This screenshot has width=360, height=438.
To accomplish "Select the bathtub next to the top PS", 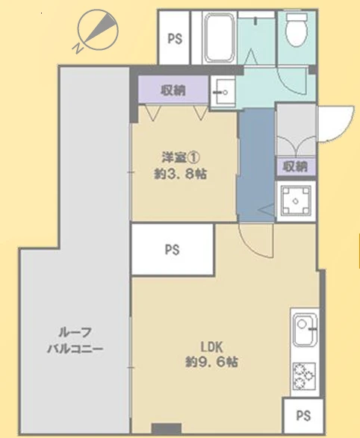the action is click(x=220, y=37).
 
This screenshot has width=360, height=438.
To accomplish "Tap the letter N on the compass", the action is click(x=78, y=49).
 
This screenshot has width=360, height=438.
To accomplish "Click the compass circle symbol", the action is click(x=98, y=30).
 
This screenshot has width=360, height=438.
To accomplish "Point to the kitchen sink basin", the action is click(x=305, y=329).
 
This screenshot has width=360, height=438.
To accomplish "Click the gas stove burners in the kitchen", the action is click(x=304, y=376).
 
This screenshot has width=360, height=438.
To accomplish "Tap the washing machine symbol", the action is click(x=296, y=201).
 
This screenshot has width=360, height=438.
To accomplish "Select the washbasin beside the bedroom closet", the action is click(x=223, y=92).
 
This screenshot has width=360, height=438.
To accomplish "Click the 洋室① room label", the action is click(x=181, y=158).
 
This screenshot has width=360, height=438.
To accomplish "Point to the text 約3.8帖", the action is click(x=181, y=175).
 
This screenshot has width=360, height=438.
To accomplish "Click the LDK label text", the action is click(x=211, y=347).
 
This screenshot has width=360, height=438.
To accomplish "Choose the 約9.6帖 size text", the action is click(x=211, y=362).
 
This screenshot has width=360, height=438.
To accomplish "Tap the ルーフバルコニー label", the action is click(x=75, y=340).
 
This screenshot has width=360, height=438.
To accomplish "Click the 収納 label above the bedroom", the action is click(x=173, y=90).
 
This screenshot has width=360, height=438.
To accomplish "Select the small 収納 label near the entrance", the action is click(x=296, y=166).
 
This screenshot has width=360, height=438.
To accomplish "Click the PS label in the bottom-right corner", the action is click(x=303, y=416).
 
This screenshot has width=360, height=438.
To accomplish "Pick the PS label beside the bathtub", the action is click(x=175, y=39).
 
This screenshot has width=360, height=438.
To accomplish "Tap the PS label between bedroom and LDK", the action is click(x=172, y=250).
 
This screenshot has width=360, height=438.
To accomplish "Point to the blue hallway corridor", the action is click(x=256, y=165).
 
